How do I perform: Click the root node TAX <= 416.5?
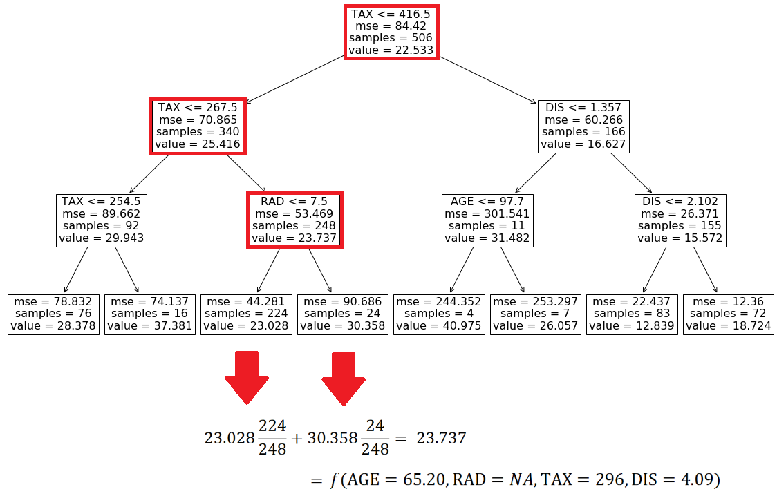coord(392,32)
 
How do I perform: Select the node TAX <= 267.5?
coord(198,126)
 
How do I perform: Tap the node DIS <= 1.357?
coord(583,126)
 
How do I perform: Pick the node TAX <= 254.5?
coord(102,220)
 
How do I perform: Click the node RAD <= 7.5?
coord(294,220)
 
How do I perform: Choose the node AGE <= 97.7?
coord(487,220)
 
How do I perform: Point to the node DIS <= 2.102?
coord(680,220)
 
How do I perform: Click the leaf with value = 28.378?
coord(54,314)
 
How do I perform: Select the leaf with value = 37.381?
coord(150,314)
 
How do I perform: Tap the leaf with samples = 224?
coord(246,314)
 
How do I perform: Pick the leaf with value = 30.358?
coord(343,314)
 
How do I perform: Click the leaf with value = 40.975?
coord(439,314)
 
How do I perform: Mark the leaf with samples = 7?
coord(535,314)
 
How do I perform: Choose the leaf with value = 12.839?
coord(632,314)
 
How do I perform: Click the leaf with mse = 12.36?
coord(728,314)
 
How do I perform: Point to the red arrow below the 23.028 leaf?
coord(246,377)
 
